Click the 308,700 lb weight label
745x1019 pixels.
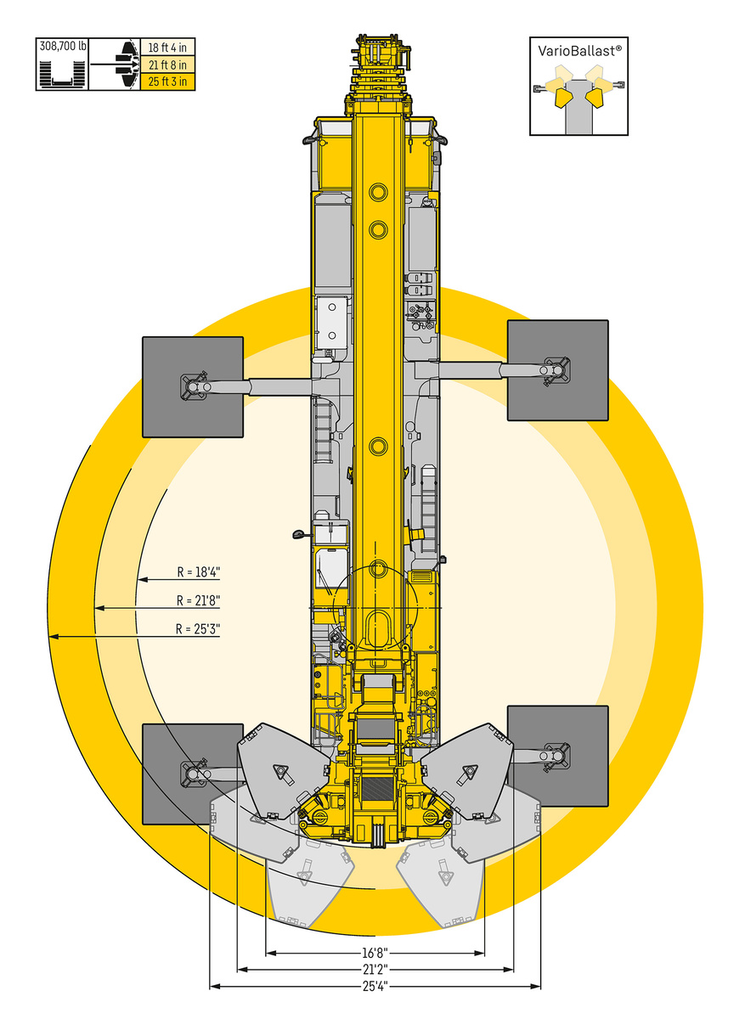63,46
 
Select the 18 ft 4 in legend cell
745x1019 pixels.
167,48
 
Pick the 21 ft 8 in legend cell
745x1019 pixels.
167,65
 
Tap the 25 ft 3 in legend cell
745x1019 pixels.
167,82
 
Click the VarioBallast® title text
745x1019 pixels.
579,51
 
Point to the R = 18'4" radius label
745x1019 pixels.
199,571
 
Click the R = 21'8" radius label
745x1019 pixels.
199,600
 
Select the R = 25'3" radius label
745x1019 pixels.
198,629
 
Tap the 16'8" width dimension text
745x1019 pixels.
375,952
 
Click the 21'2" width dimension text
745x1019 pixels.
375,969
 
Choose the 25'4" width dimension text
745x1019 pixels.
375,985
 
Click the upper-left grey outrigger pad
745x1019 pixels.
193,387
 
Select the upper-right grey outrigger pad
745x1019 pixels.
557,370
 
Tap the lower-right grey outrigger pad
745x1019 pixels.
557,756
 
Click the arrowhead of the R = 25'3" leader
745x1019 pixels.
54,637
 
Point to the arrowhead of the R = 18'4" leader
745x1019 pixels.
143,579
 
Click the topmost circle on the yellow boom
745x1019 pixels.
378,192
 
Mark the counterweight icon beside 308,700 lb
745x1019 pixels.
62,74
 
